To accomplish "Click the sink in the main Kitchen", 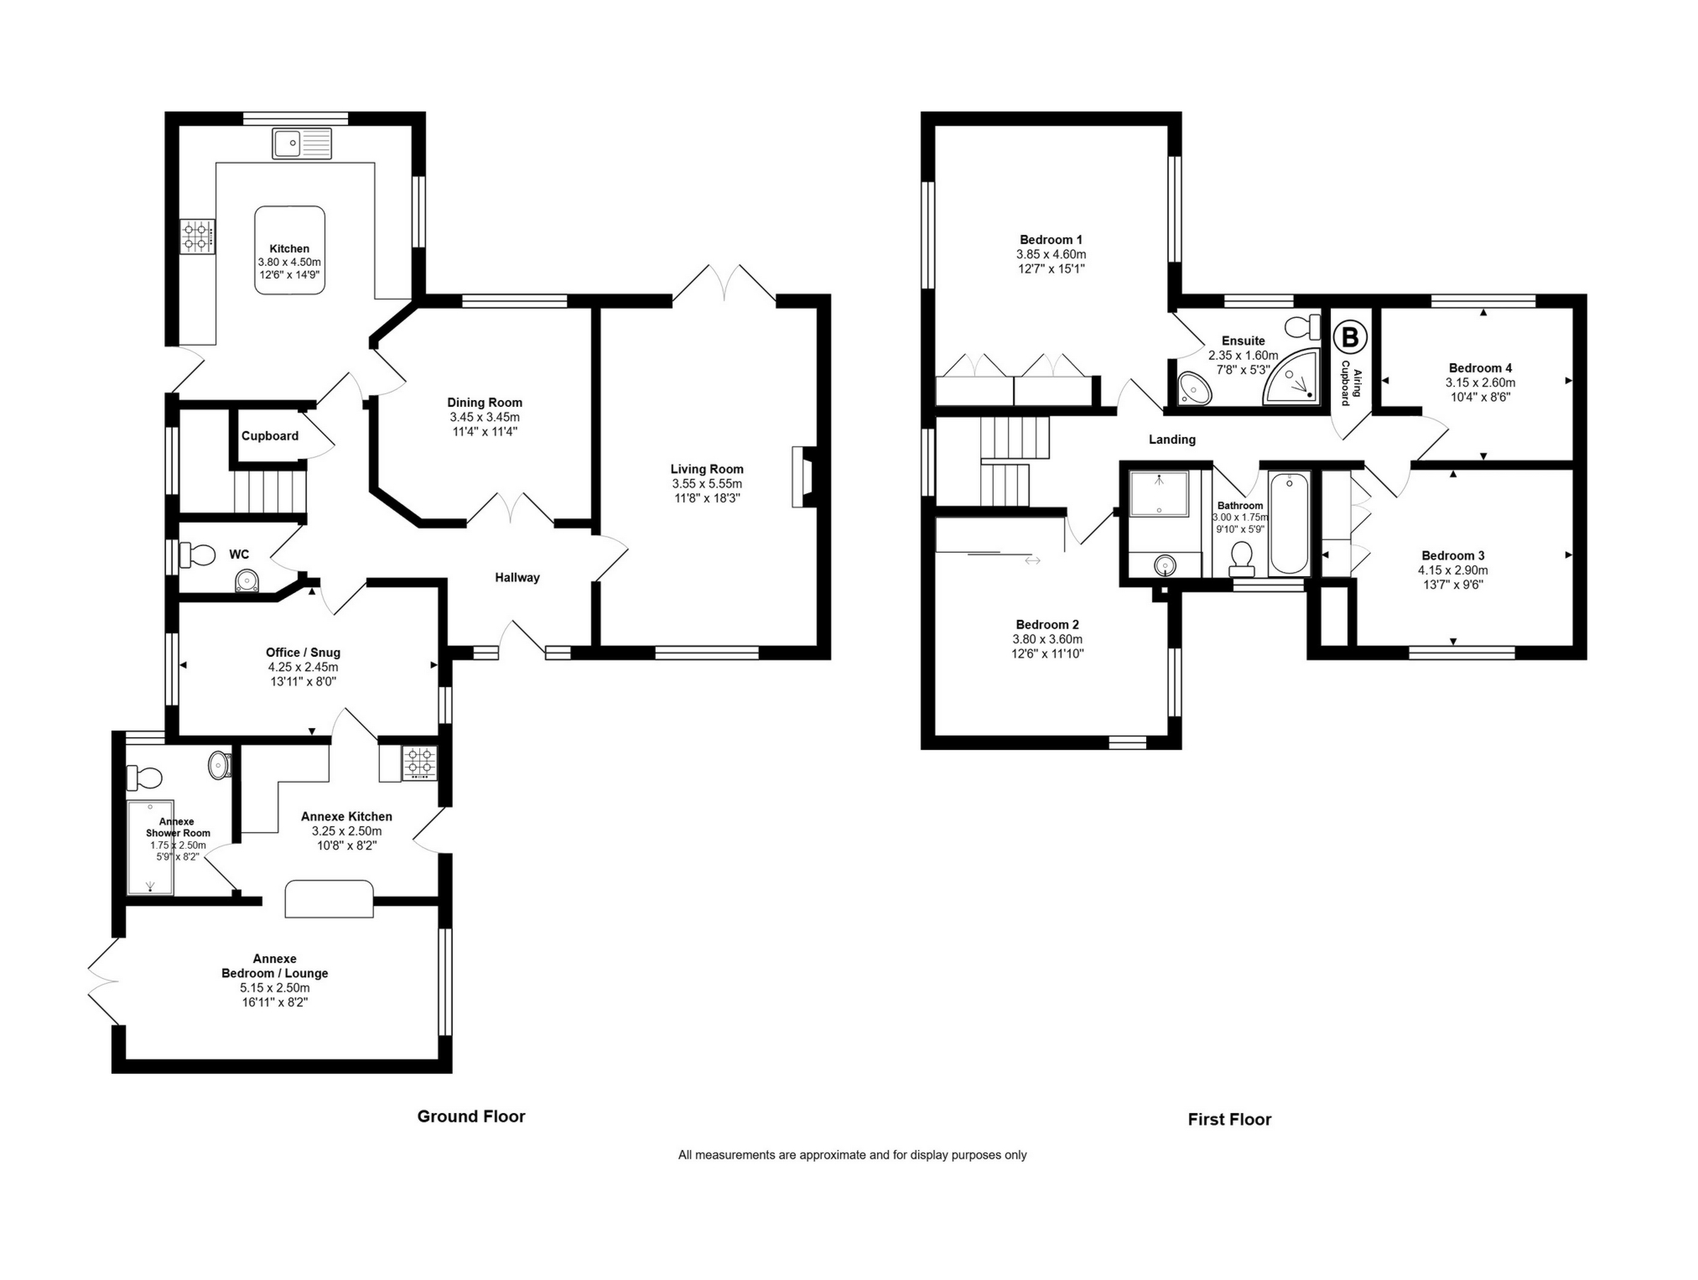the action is [x=302, y=143].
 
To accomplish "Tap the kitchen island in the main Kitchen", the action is [x=290, y=250].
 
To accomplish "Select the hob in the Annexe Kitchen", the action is [x=419, y=764].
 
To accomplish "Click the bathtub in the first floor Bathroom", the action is [x=1289, y=523].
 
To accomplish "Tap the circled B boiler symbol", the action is [x=1350, y=337].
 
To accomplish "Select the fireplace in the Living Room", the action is [x=800, y=476].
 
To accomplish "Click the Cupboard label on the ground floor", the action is [x=270, y=436].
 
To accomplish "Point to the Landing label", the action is [x=1172, y=440].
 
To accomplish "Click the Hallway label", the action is [x=517, y=577].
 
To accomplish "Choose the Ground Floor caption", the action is [x=471, y=1116].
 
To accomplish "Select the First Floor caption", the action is [x=1229, y=1119].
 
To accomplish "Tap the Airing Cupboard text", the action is [x=1351, y=382].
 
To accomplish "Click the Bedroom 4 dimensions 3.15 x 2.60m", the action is [x=1480, y=382].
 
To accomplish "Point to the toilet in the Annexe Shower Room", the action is [x=143, y=778].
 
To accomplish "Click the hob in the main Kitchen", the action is [x=197, y=237].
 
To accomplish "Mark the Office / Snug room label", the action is [x=303, y=653].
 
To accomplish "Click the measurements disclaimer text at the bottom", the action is [x=852, y=1155].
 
